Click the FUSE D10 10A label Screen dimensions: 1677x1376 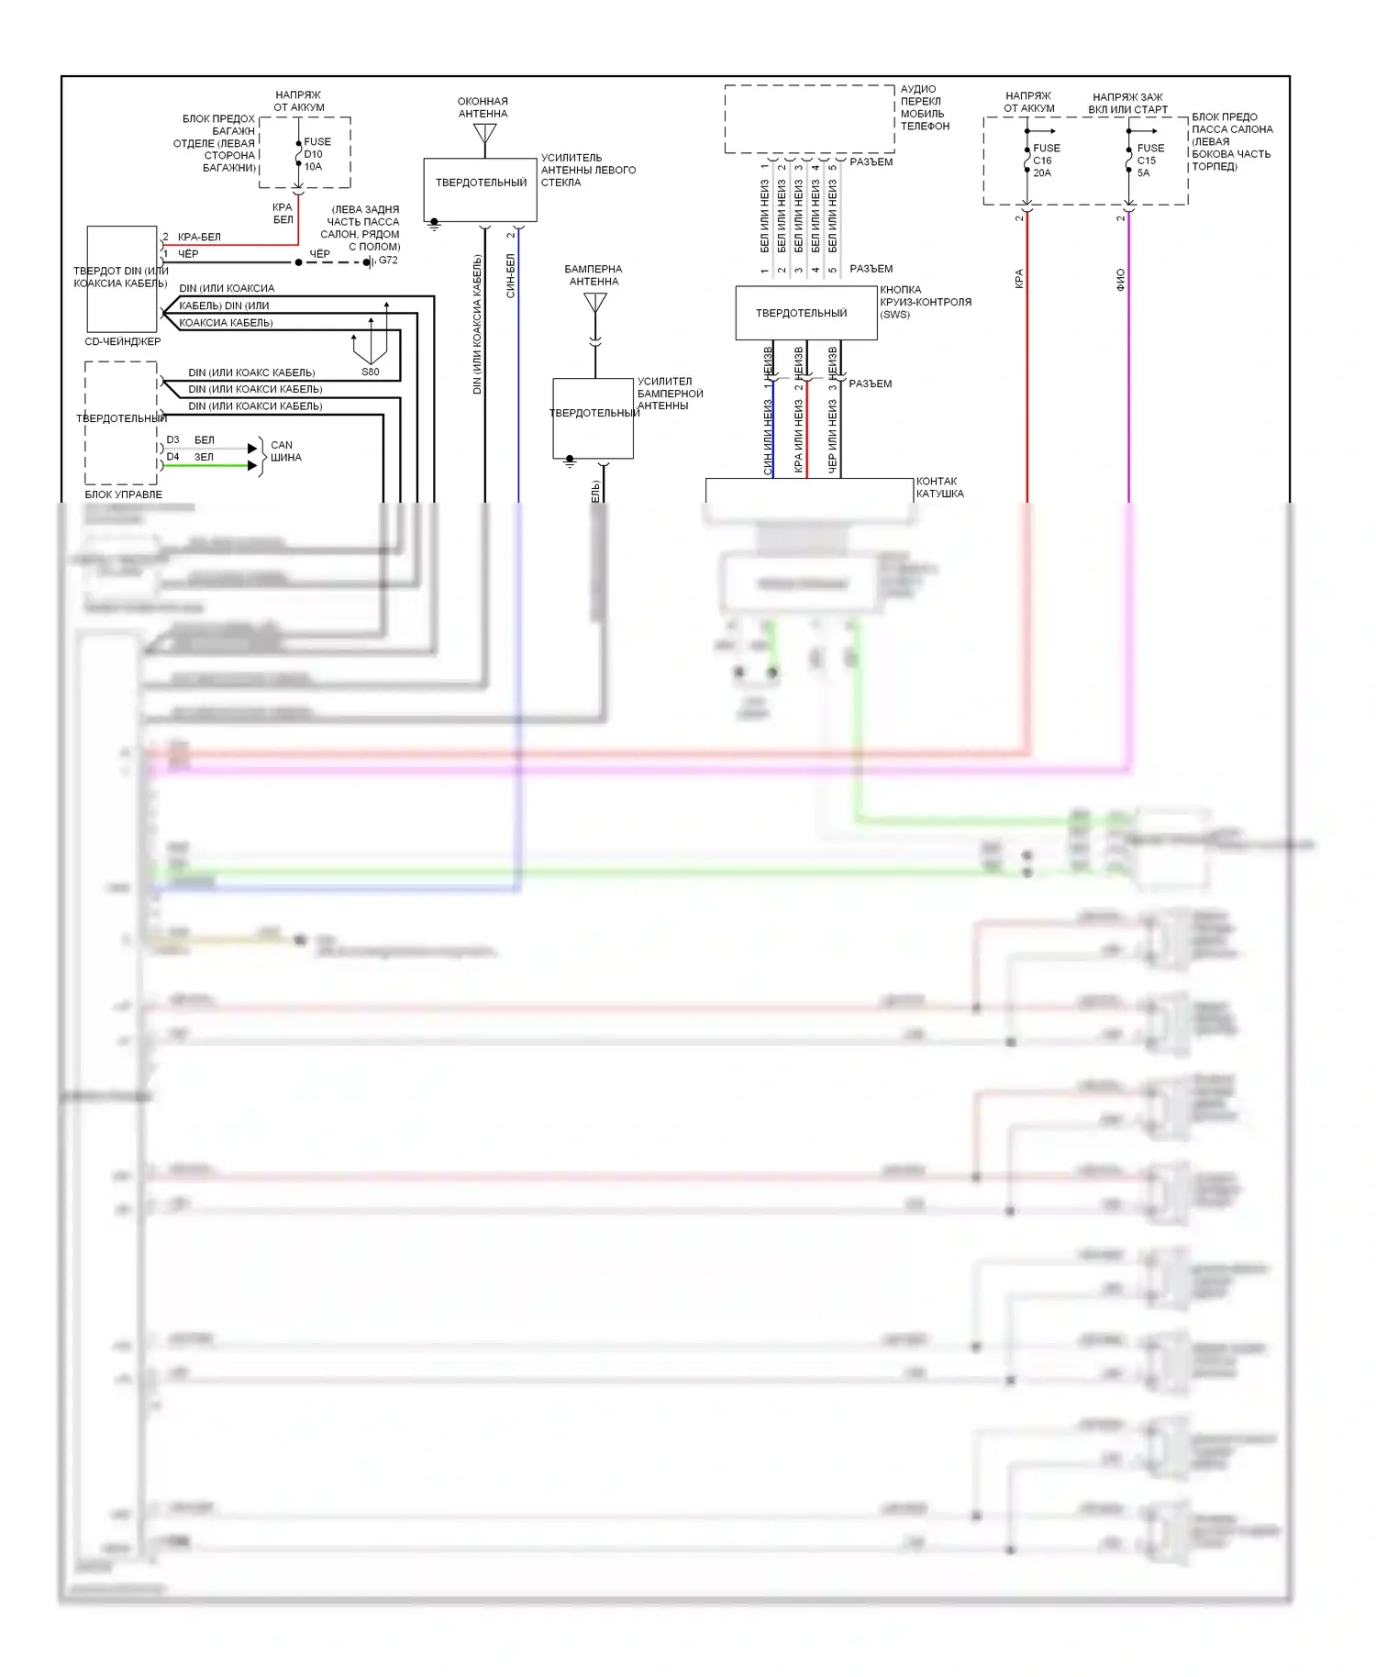click(316, 154)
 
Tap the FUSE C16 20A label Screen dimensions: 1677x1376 click(1046, 161)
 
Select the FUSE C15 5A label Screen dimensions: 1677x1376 click(1149, 161)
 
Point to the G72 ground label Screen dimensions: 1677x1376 click(388, 261)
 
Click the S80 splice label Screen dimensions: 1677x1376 click(370, 372)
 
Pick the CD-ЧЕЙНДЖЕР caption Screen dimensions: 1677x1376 click(122, 341)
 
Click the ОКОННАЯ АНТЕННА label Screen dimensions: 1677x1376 click(483, 107)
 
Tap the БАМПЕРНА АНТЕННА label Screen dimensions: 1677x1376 click(594, 275)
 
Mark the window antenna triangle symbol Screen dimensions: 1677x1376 click(484, 134)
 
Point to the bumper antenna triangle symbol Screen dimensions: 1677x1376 click(595, 302)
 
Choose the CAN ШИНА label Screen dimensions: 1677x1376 click(285, 451)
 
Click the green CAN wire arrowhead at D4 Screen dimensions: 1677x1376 click(252, 466)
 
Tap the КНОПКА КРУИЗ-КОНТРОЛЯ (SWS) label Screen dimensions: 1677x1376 click(925, 302)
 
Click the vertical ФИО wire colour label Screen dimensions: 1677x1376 click(1120, 280)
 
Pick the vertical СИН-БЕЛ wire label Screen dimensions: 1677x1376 click(511, 275)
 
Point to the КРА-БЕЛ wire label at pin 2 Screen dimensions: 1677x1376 click(199, 237)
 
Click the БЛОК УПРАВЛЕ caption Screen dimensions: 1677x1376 click(123, 494)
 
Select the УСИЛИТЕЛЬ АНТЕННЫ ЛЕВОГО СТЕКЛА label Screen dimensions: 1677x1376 click(587, 170)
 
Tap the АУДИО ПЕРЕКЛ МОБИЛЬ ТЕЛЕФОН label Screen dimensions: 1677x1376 click(924, 107)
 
